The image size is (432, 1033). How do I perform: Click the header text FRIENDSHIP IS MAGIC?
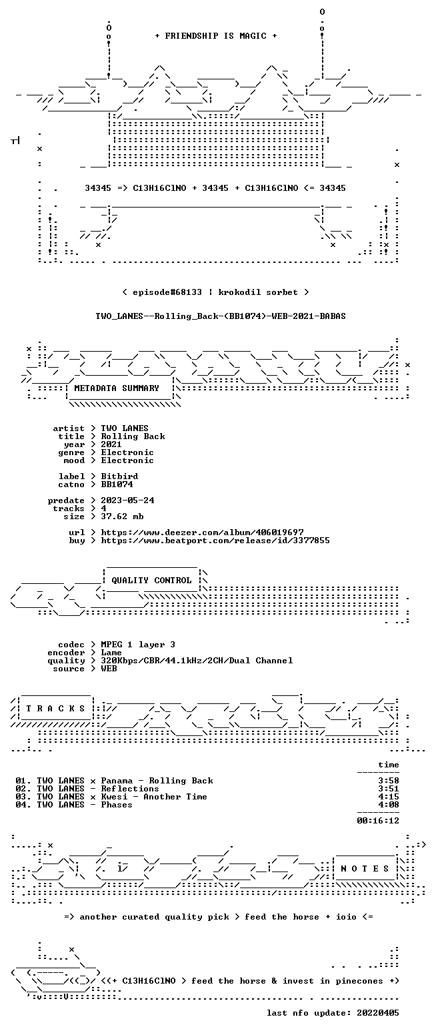216,36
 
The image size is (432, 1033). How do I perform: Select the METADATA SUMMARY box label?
117,388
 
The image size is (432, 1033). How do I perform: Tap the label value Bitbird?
120,476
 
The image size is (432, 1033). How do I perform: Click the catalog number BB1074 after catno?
117,484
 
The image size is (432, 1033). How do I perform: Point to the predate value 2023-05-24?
127,500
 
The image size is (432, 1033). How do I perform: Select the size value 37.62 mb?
123,516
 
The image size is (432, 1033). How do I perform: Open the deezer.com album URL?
202,533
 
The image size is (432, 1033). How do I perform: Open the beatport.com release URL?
215,541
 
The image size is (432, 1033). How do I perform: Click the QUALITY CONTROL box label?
151,581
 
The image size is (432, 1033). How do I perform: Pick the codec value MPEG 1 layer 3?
138,645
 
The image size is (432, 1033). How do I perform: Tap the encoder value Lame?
111,653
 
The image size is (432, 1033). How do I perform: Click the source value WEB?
109,669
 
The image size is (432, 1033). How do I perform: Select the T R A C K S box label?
56,709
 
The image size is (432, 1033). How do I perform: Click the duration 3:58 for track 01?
388,781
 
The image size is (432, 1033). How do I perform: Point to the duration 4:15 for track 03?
388,796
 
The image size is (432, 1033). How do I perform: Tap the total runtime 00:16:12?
377,820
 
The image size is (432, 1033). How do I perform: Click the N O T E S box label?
365,869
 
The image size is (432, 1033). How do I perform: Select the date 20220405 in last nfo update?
377,1013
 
